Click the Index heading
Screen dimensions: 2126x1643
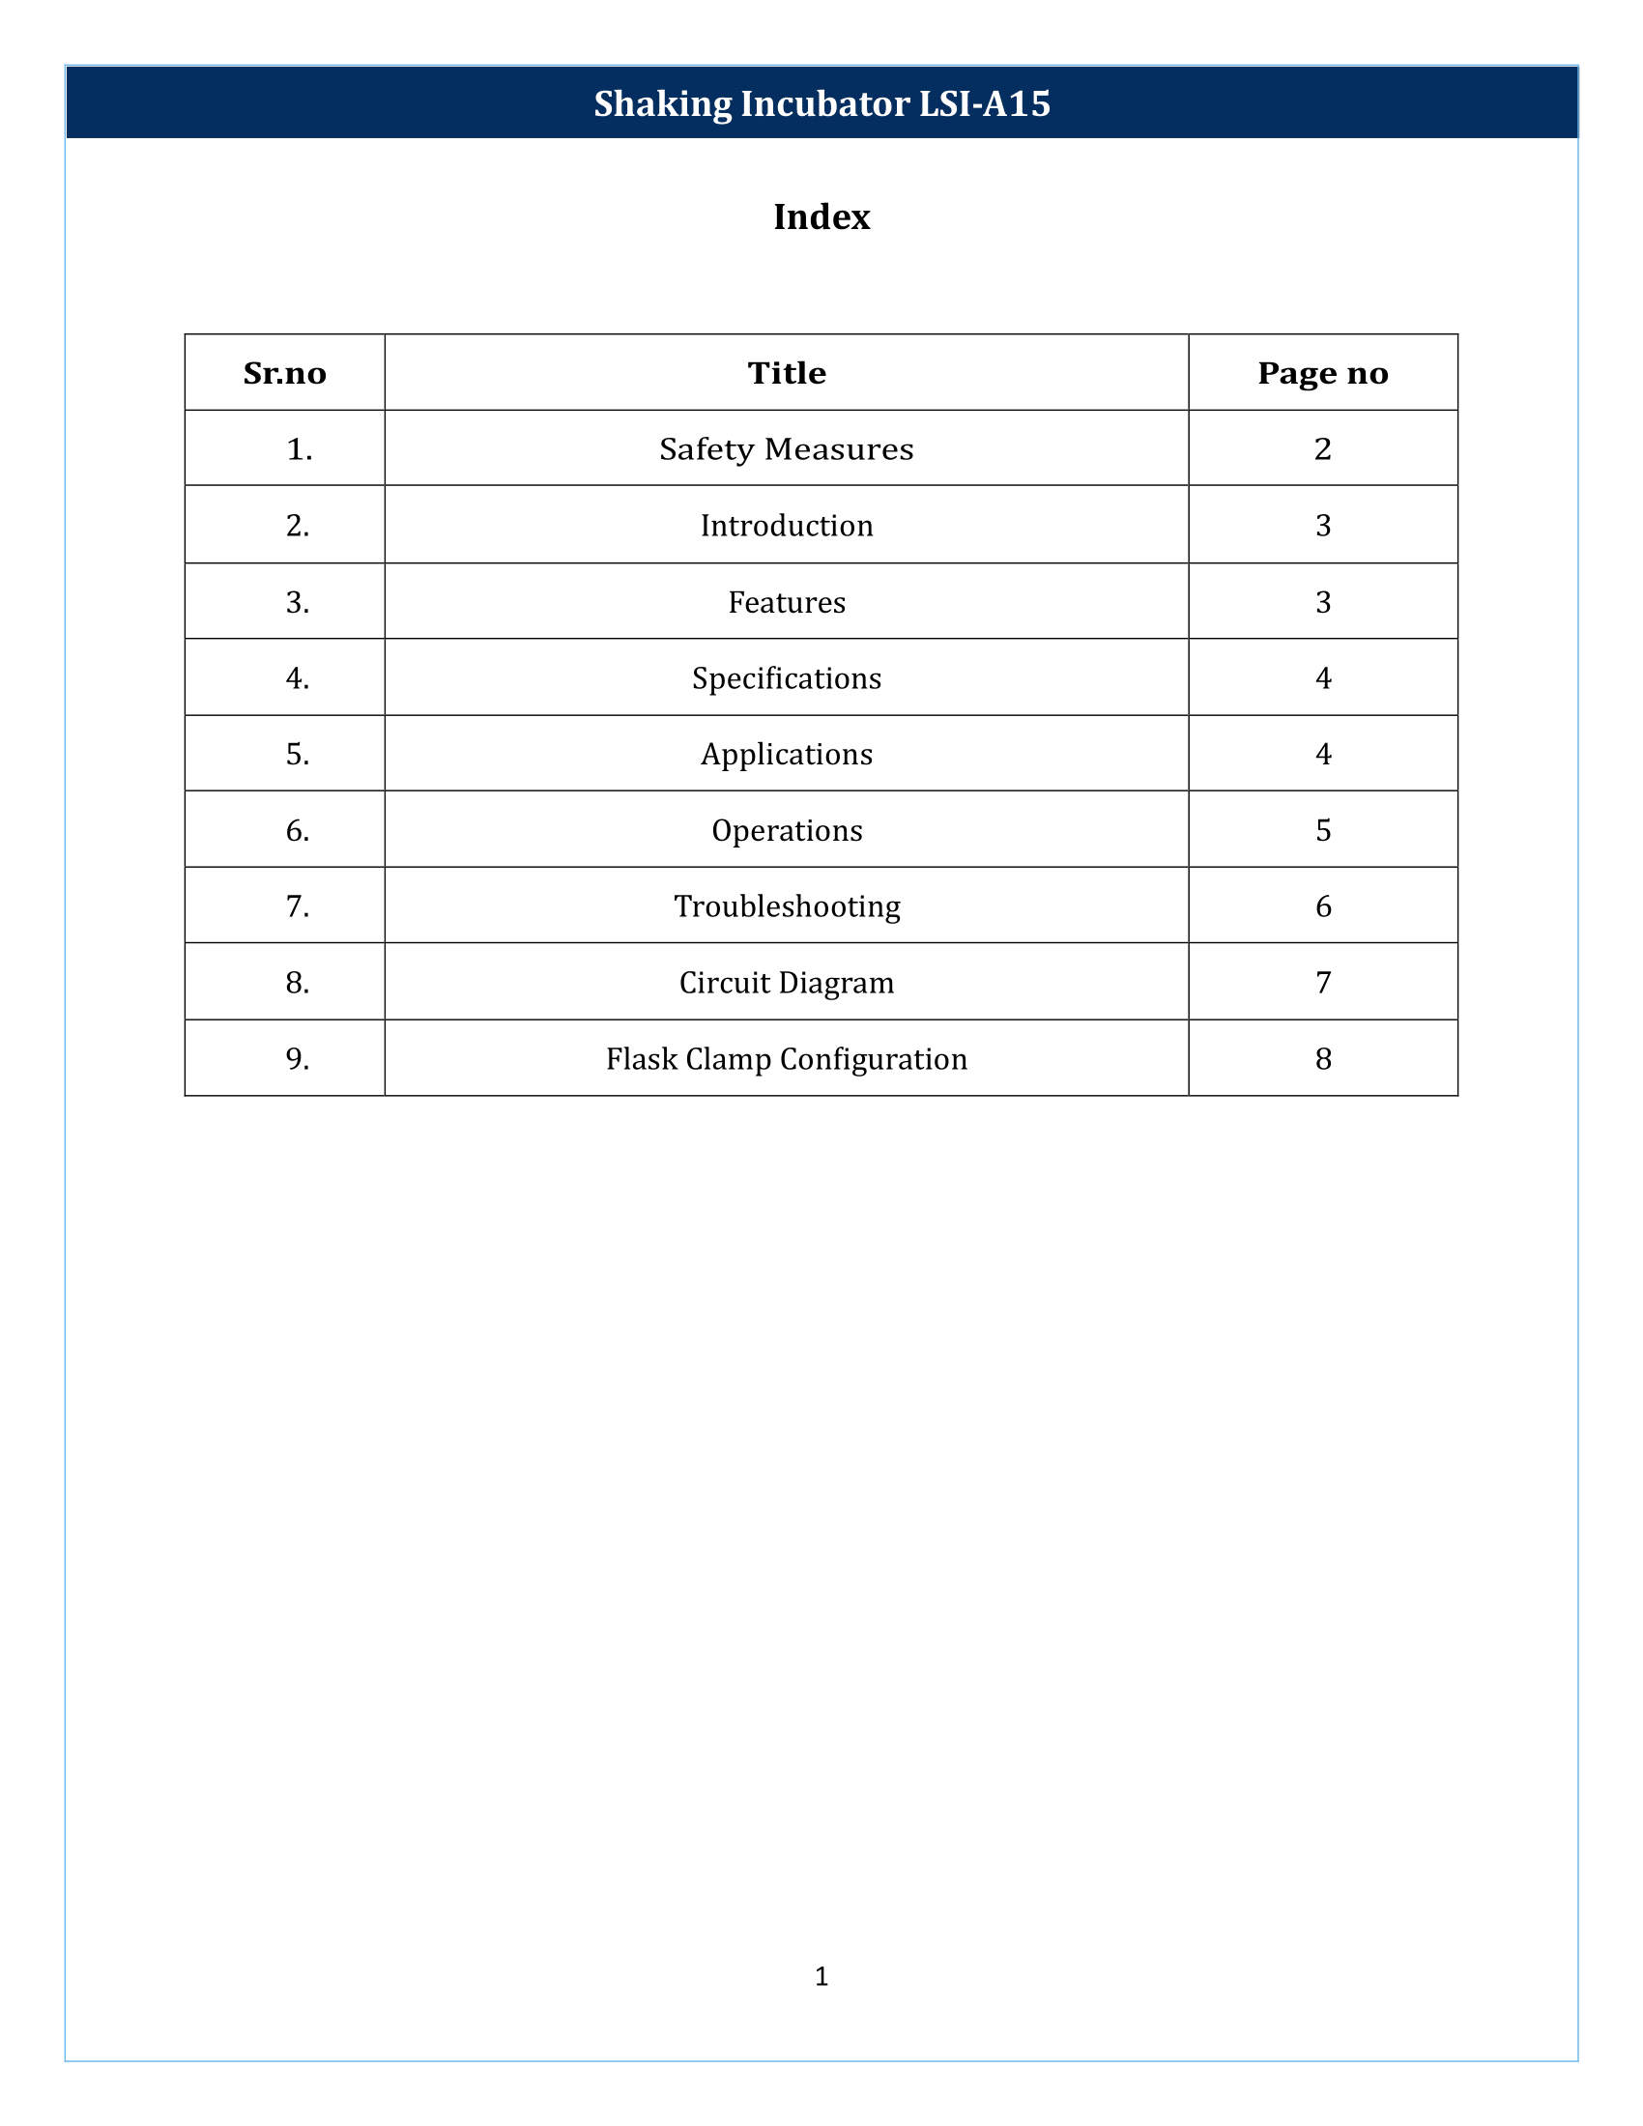[821, 217]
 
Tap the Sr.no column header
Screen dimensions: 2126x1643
[284, 373]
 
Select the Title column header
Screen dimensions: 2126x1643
[787, 373]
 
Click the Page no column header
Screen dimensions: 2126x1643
[1323, 373]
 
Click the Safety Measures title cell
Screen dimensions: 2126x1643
[787, 448]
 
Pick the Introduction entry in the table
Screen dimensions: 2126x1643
[787, 526]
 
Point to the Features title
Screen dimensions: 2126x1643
[787, 603]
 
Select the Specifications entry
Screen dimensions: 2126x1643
[787, 678]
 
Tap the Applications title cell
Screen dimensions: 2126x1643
[787, 755]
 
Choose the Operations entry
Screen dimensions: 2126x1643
[787, 830]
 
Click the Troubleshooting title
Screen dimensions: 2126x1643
[787, 906]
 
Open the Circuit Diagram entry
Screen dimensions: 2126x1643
[787, 983]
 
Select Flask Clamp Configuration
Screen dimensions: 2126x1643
[787, 1059]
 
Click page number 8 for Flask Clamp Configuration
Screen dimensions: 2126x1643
[1323, 1059]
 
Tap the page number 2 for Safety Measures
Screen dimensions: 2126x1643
[1323, 448]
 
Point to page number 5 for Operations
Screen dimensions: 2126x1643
[1323, 830]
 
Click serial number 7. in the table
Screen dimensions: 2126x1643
[298, 906]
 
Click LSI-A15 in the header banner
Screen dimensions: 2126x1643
[985, 104]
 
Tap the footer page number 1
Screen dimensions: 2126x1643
[821, 1976]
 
